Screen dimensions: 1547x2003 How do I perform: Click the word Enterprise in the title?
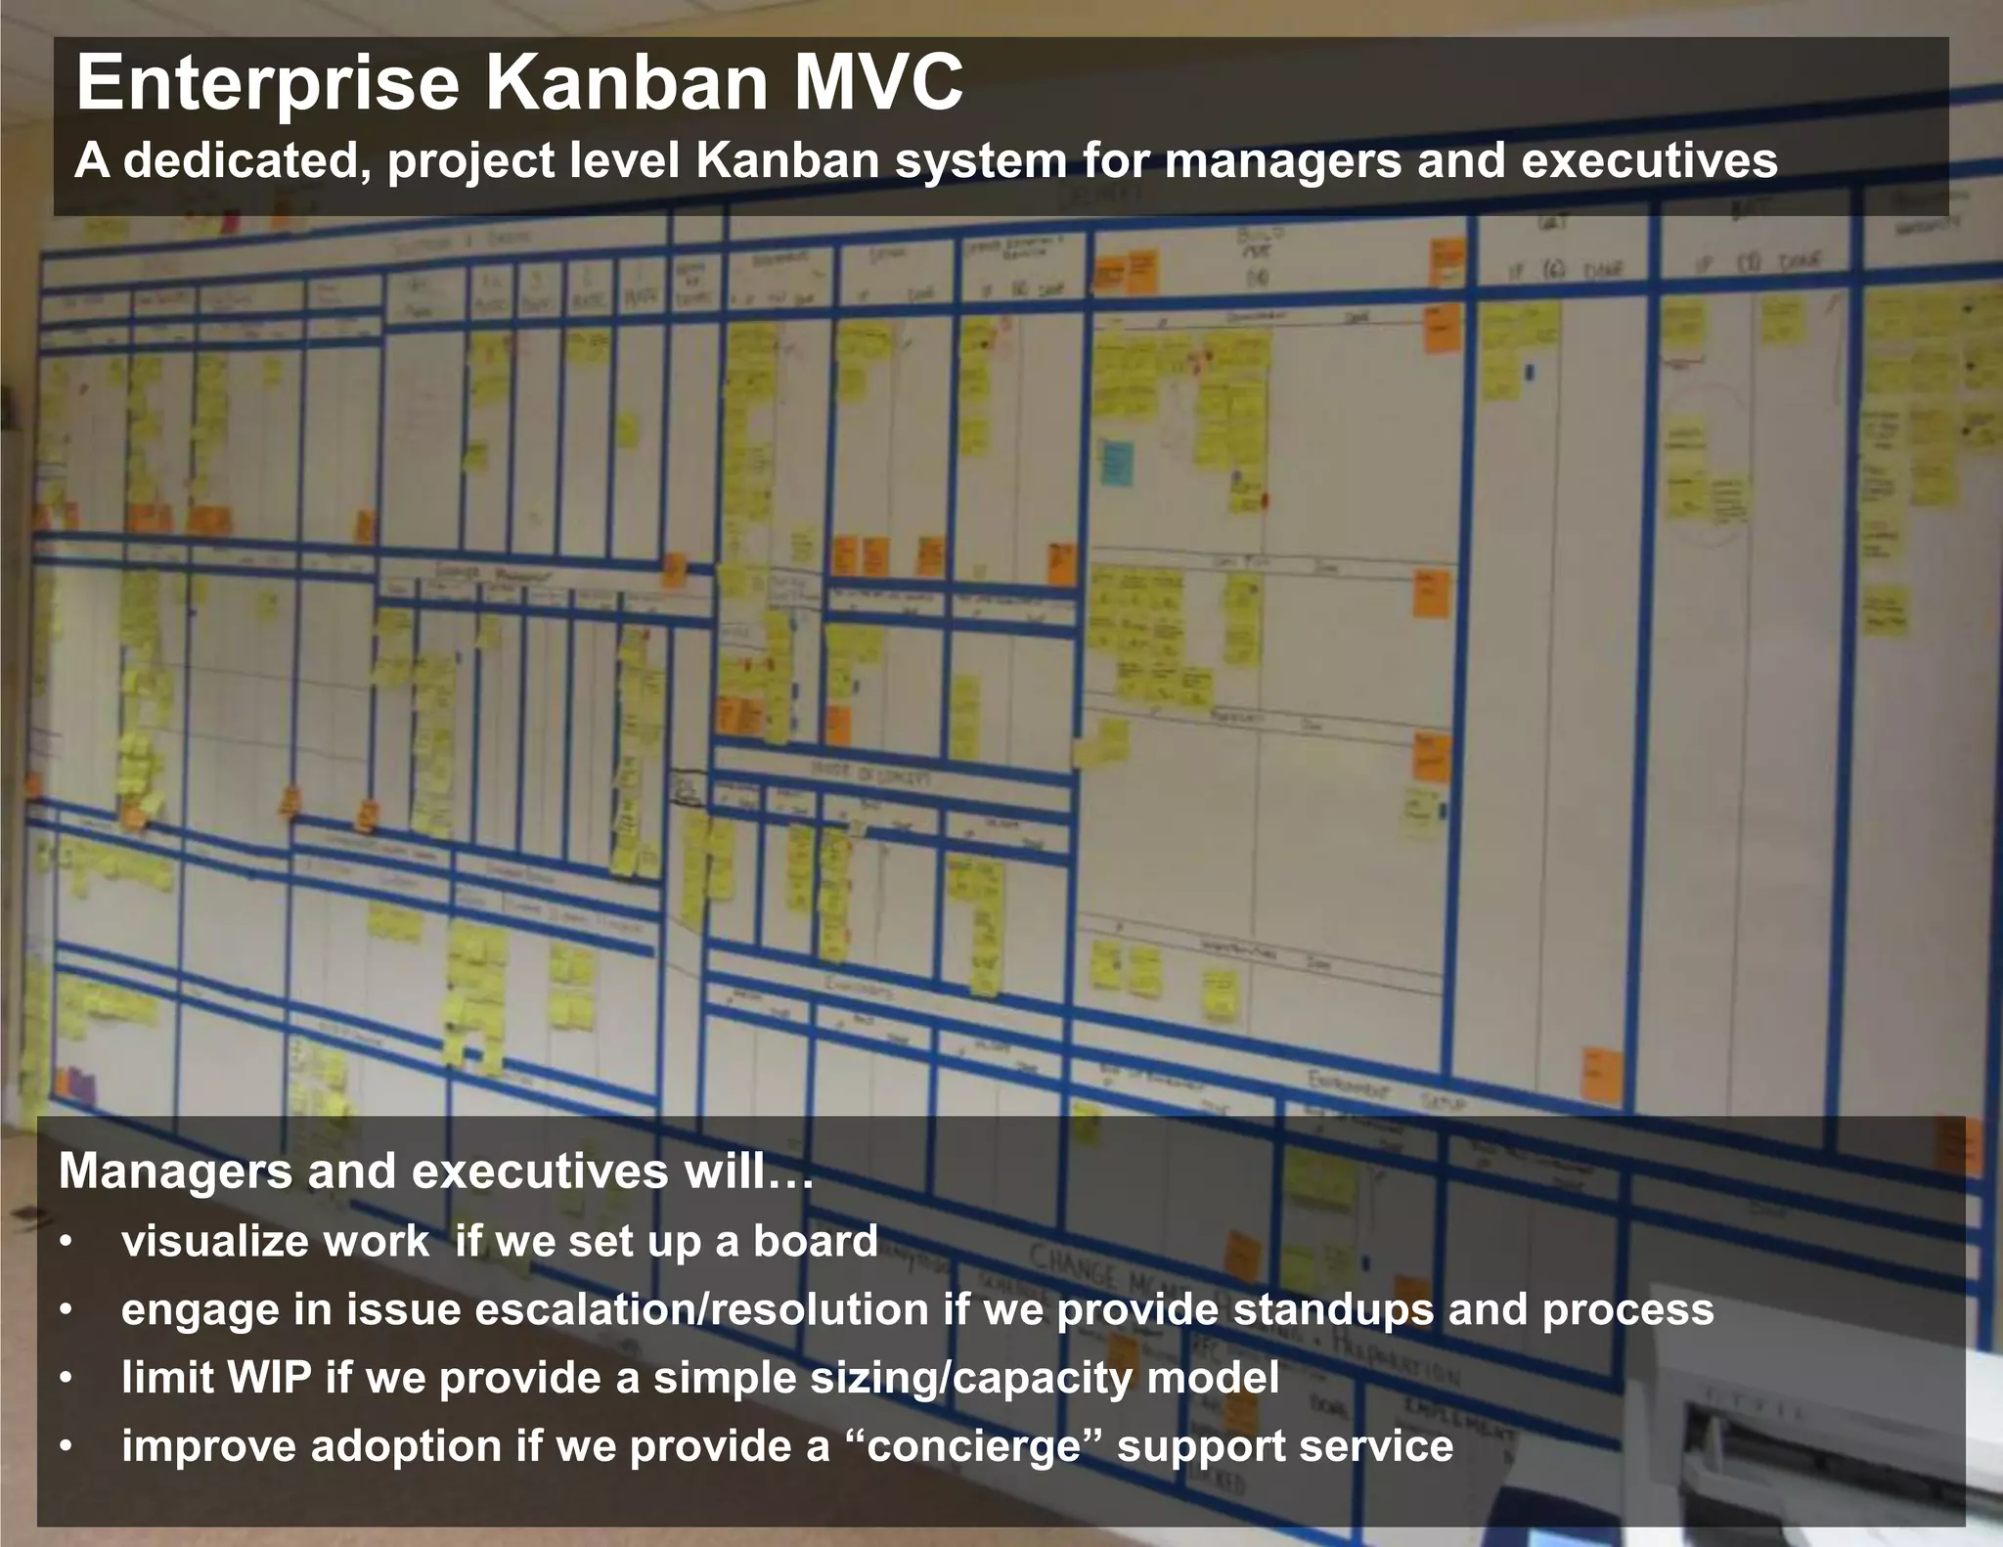coord(267,85)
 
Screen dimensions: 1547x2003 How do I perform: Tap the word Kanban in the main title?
coord(627,83)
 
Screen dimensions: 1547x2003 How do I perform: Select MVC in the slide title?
coord(878,83)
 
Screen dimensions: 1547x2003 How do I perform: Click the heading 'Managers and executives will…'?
coord(435,1171)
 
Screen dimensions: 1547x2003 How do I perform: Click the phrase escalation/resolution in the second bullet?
coord(701,1309)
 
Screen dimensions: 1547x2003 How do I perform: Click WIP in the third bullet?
coord(269,1378)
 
